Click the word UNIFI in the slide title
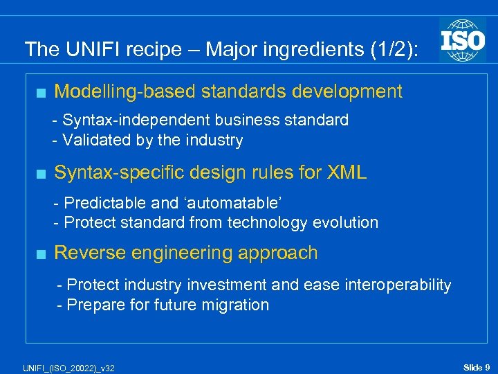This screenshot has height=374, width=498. [85, 49]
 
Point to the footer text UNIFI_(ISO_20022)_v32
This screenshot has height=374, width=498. [63, 367]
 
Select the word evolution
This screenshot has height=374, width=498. [345, 222]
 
